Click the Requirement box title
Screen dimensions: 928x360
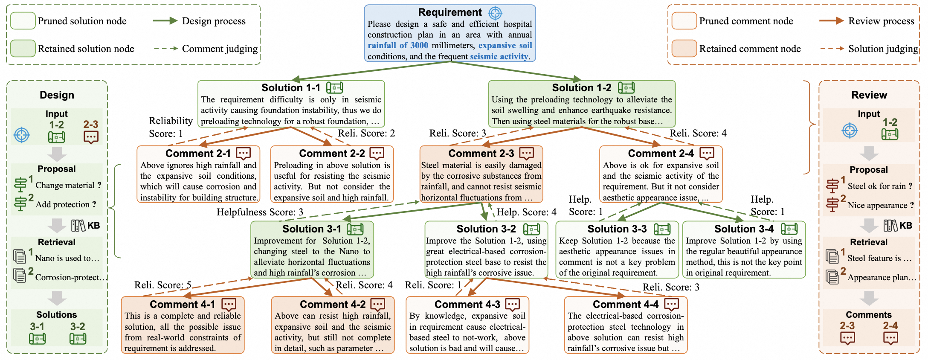[x=449, y=12]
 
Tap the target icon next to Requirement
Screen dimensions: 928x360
[x=495, y=13]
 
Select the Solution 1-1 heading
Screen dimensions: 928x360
[x=290, y=88]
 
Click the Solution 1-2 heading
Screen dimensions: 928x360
[x=581, y=88]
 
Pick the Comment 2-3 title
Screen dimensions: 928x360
[x=481, y=153]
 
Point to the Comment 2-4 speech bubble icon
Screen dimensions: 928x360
[x=707, y=153]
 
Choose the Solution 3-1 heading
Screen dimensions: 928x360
[x=312, y=229]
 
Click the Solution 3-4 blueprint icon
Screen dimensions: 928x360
[x=789, y=229]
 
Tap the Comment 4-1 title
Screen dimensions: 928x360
[x=183, y=304]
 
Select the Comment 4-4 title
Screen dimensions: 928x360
[x=626, y=304]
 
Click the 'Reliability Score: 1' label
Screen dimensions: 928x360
[x=171, y=127]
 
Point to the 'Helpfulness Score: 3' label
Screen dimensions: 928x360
[x=260, y=212]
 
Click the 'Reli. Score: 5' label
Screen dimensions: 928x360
[x=162, y=285]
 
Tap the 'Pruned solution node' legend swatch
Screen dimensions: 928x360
[x=23, y=21]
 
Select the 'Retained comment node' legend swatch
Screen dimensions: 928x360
[x=684, y=49]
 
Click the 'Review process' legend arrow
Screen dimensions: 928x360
[x=831, y=20]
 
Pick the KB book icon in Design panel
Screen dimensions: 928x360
[x=78, y=225]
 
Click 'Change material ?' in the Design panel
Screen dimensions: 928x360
[x=68, y=185]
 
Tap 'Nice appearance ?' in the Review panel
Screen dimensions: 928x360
[x=881, y=205]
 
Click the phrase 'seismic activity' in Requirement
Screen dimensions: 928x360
[x=499, y=56]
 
